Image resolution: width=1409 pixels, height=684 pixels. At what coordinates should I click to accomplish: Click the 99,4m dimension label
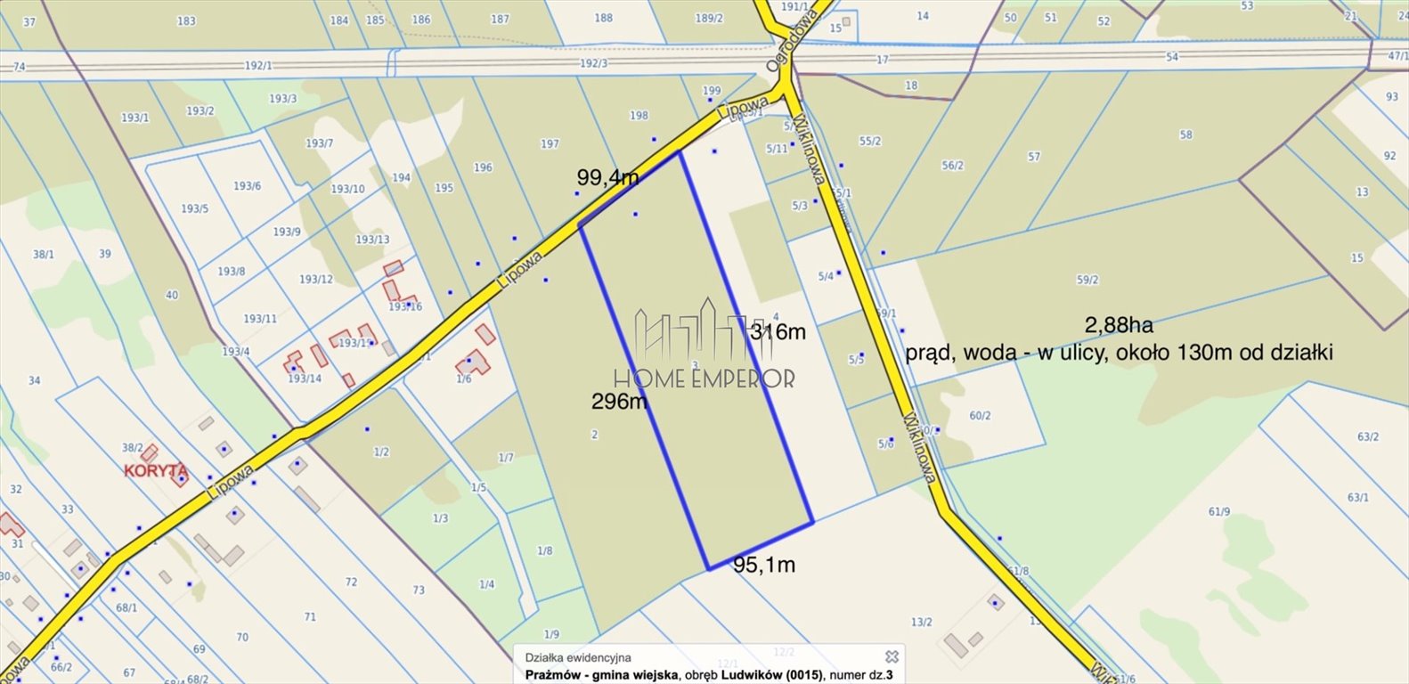(607, 177)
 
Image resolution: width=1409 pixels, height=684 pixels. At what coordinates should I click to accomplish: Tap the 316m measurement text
(778, 332)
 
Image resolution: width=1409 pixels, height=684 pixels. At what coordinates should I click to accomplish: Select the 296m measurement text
(619, 402)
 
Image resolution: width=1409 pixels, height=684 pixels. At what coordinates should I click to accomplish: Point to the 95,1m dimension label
(764, 565)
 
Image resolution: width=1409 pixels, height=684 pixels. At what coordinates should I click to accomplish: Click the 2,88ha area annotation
(1119, 325)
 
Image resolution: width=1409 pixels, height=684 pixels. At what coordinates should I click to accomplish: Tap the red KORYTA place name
(156, 470)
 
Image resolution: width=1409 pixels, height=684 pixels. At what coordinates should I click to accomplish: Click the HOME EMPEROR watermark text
(704, 379)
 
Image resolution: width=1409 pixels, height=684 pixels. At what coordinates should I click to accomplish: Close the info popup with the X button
(891, 656)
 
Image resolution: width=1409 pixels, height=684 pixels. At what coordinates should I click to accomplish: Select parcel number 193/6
(247, 186)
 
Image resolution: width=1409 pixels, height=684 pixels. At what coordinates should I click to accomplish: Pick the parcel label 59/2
(1087, 280)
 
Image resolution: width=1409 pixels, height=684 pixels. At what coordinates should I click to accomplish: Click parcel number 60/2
(980, 416)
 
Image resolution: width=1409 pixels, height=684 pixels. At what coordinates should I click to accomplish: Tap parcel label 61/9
(1219, 511)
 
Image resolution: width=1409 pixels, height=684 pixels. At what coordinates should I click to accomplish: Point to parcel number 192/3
(593, 63)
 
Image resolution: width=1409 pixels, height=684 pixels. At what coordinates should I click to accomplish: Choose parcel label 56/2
(952, 166)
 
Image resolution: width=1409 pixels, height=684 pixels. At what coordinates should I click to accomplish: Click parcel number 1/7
(505, 458)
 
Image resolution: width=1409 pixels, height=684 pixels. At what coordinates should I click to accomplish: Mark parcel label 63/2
(1368, 436)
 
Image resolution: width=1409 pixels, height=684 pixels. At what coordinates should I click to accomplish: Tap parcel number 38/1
(44, 254)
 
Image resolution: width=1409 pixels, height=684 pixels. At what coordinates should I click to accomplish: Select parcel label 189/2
(709, 18)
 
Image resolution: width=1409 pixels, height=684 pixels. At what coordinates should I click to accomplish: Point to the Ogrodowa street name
(780, 53)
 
